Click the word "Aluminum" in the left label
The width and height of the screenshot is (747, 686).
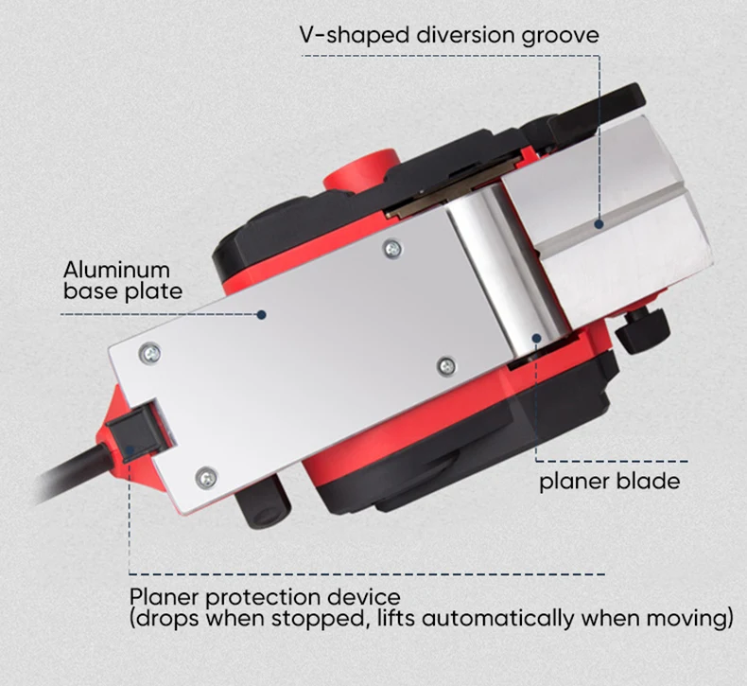[116, 270]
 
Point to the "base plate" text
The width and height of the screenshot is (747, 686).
[123, 290]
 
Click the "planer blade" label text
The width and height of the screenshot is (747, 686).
[609, 481]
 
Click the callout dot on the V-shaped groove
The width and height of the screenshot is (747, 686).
[599, 224]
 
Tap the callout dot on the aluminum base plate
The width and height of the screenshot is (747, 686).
[266, 314]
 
